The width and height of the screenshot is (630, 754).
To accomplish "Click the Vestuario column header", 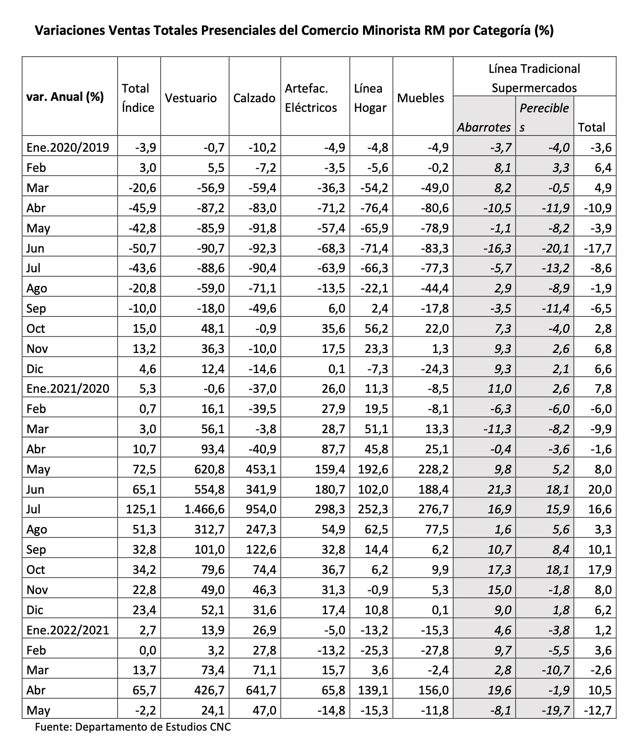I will [x=190, y=98].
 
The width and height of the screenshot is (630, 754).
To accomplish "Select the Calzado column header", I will [x=254, y=98].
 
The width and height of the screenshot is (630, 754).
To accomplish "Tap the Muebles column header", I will [x=420, y=98].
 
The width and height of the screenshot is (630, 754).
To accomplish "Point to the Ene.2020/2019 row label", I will [x=68, y=148].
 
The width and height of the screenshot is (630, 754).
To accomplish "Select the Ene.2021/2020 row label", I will [x=68, y=389].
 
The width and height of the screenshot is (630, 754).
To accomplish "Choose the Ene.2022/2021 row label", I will [x=68, y=630].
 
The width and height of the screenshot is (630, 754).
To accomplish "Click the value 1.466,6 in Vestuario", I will [x=205, y=509].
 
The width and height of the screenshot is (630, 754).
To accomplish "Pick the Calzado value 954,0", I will [x=262, y=509].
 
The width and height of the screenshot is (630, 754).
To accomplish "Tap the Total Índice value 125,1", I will [x=142, y=509].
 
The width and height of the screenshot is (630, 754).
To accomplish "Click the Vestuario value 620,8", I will [x=208, y=469].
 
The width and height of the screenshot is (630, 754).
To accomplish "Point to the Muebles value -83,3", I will [x=434, y=248].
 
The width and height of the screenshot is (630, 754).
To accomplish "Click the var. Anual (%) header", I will [x=65, y=97].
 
